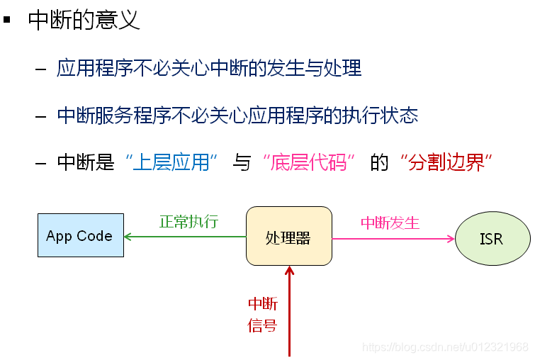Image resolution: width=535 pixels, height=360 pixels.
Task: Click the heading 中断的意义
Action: [84, 20]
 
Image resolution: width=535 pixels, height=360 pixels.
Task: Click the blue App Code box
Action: [80, 236]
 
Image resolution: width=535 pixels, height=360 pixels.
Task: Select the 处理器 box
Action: [288, 236]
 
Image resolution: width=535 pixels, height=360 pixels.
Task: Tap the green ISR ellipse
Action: [492, 239]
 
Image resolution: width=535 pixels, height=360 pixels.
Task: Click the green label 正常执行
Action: [188, 222]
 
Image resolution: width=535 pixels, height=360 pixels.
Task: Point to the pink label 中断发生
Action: [390, 223]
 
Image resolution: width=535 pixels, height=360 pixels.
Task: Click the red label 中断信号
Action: [262, 315]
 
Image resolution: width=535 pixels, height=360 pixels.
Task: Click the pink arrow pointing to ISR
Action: [393, 239]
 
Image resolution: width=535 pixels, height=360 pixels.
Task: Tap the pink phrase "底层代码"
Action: [308, 162]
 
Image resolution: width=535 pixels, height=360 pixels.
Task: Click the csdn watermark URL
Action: [445, 347]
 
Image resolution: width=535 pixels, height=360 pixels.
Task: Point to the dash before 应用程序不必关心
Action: [41, 69]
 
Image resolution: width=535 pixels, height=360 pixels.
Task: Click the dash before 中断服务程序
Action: [41, 116]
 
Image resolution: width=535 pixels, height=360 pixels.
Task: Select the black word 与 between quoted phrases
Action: [242, 162]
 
